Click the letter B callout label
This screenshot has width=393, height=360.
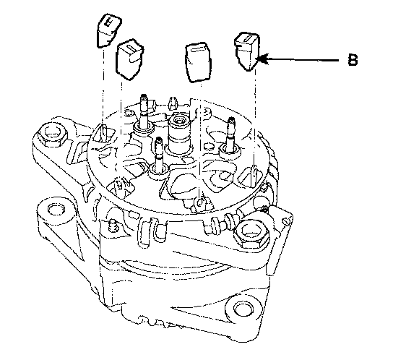353,60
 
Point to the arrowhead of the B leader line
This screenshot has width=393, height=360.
262,59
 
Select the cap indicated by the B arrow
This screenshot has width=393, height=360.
247,51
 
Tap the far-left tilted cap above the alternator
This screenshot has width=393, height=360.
108,30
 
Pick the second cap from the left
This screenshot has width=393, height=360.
129,59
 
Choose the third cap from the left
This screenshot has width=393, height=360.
198,63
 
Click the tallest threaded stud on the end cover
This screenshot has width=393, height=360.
144,113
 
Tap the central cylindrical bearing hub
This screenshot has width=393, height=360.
178,134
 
